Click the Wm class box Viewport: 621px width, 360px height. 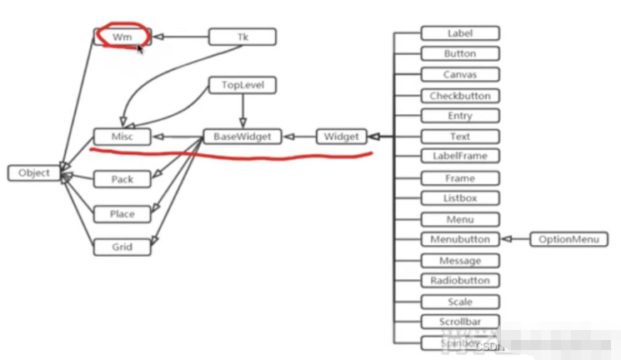coord(122,37)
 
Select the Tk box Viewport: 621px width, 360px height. coord(243,37)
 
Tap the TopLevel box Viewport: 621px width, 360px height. coord(243,85)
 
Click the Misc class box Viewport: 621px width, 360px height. coord(122,136)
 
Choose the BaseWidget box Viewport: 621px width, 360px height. coord(243,136)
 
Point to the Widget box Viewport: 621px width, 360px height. coord(342,136)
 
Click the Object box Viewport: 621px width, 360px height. coord(34,173)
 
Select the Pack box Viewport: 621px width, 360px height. coord(122,179)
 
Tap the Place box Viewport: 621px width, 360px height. coord(122,214)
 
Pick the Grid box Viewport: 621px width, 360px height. coord(122,247)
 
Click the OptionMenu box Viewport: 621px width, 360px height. coord(568,239)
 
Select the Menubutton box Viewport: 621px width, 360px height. coord(460,239)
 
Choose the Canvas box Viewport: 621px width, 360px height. coord(460,74)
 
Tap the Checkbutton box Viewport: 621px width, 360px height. coord(460,96)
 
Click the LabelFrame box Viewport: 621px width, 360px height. coord(460,156)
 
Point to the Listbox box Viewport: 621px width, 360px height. coord(460,198)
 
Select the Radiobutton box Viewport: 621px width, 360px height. coord(460,281)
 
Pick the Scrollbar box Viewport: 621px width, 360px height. coord(460,322)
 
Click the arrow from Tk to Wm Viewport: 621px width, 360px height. coord(180,37)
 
